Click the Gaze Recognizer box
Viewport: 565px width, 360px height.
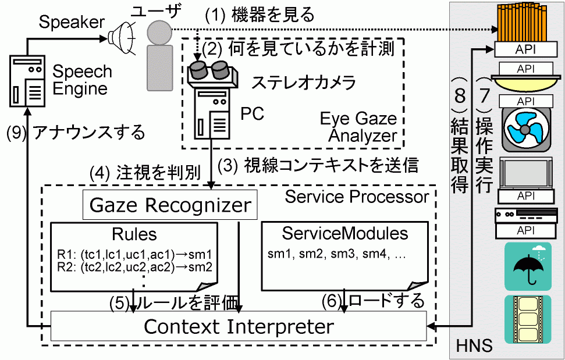(170, 206)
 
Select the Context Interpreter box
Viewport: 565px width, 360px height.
(239, 326)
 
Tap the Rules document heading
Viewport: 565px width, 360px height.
(134, 234)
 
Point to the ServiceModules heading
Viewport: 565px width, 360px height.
(344, 234)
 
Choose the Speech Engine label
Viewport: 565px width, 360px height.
(82, 80)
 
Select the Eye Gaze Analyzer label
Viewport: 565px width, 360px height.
(358, 127)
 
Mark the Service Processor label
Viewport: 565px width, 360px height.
(357, 197)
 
